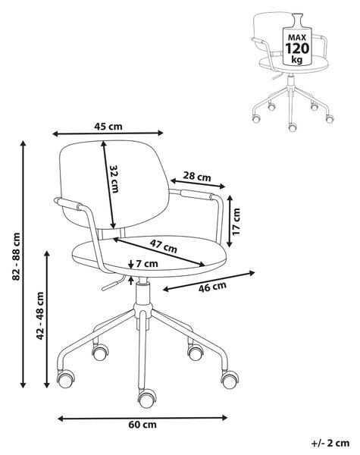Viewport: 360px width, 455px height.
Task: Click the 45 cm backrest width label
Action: (108, 127)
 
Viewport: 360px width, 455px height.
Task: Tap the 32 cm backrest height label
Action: (114, 179)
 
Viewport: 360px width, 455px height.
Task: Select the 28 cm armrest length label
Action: (197, 177)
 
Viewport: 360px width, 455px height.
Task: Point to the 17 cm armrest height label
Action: (236, 221)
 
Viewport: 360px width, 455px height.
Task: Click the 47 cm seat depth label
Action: (163, 246)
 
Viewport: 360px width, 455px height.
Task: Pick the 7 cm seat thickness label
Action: (147, 264)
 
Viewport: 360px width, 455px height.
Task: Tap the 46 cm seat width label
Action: (212, 287)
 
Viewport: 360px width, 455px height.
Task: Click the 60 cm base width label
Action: (142, 425)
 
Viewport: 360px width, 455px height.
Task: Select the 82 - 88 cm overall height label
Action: (16, 256)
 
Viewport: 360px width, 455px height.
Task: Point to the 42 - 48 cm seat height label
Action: (40, 315)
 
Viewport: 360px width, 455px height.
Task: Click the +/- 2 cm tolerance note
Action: (330, 444)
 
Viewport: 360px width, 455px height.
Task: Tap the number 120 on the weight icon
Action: (297, 49)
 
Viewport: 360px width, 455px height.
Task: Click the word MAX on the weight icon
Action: (297, 37)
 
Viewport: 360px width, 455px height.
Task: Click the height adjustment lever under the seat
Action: (113, 283)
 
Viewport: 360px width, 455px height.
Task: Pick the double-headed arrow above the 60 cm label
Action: (142, 418)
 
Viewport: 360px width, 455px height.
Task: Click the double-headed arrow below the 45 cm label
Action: (108, 133)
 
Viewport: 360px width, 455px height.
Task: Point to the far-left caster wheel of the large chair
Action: (66, 378)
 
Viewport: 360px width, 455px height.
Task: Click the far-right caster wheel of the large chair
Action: (230, 379)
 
